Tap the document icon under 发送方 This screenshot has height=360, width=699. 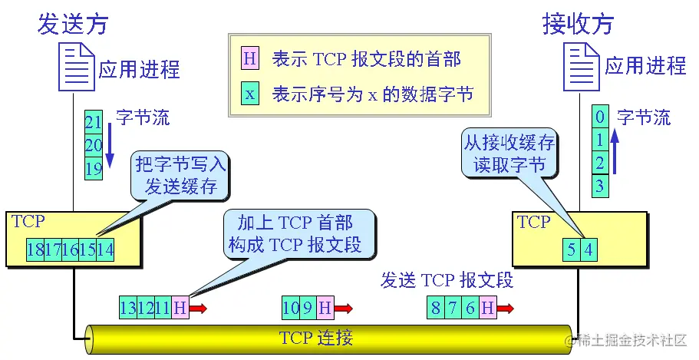[x=76, y=65]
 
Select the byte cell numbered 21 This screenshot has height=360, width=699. [x=94, y=122]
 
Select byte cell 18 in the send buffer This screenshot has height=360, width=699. [x=35, y=249]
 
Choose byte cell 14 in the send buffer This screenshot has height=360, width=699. [x=106, y=249]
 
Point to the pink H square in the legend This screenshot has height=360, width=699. [x=250, y=58]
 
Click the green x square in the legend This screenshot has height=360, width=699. [x=250, y=94]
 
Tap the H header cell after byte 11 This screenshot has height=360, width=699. [x=180, y=309]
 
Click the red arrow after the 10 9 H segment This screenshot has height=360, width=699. [x=343, y=309]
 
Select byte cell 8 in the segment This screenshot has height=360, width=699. [x=436, y=309]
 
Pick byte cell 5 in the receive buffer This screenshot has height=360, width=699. [x=571, y=249]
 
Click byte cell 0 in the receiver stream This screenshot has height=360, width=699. [x=601, y=117]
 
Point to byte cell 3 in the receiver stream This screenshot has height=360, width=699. [x=601, y=185]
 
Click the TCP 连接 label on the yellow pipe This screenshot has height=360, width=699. [x=316, y=339]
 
